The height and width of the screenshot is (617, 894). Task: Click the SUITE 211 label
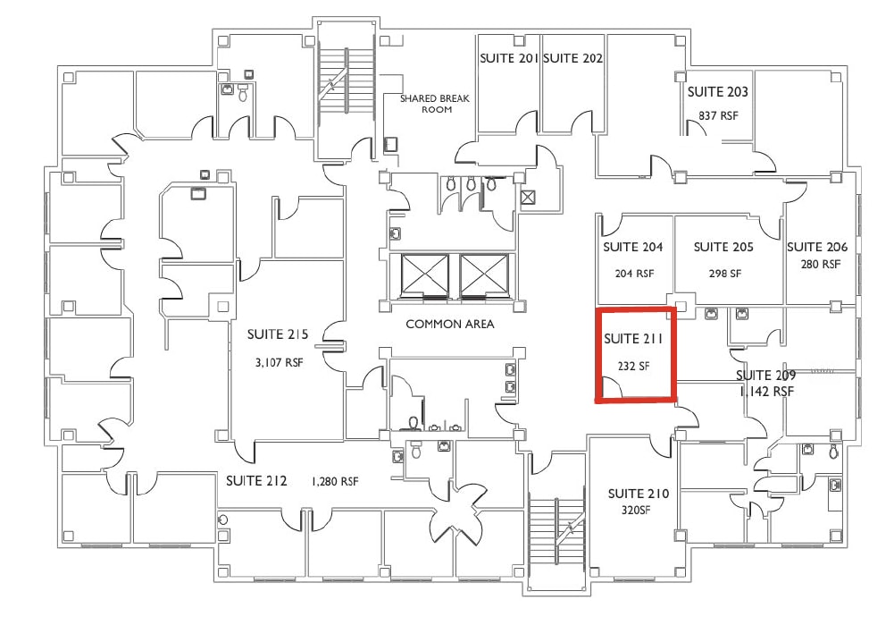634,339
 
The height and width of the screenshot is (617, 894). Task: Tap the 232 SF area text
634,365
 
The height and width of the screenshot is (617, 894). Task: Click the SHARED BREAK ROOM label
435,104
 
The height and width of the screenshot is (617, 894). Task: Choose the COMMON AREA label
449,324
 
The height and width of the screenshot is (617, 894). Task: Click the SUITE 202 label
572,58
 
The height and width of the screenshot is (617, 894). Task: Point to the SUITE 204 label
633,247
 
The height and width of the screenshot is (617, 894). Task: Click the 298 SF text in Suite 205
724,274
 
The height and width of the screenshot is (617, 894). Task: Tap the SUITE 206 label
816,247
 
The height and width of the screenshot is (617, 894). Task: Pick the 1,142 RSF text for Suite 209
766,392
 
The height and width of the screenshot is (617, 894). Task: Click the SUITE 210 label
638,494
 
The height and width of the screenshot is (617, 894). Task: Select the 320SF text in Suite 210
638,511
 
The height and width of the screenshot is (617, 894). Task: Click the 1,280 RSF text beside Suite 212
334,481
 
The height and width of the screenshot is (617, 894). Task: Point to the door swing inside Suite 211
611,387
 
